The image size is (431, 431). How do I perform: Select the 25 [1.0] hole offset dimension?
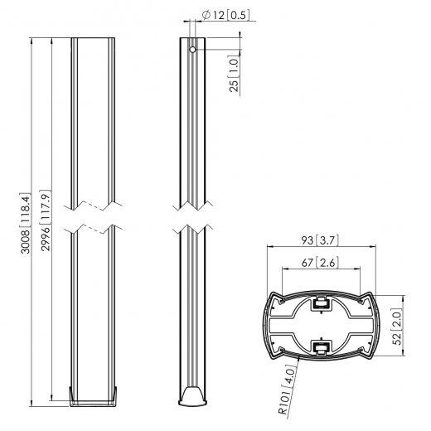click(235, 73)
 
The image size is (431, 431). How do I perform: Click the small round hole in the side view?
click(192, 49)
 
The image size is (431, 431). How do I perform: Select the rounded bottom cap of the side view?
click(192, 398)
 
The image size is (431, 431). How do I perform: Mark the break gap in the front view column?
click(93, 217)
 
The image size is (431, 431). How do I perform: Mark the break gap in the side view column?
click(192, 217)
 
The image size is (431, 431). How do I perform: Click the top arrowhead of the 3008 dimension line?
click(32, 40)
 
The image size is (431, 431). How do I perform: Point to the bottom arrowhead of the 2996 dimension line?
click(53, 396)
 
